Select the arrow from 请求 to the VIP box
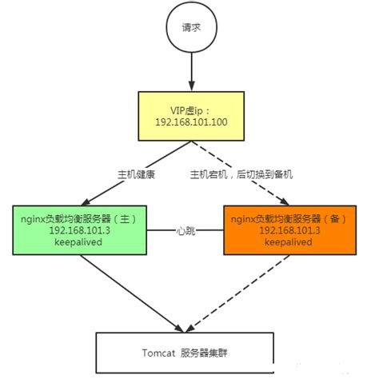tap(190, 74)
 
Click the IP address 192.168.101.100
tap(190, 124)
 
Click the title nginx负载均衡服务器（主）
tap(77, 216)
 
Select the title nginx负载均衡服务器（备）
tap(287, 216)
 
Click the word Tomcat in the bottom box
tap(158, 353)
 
